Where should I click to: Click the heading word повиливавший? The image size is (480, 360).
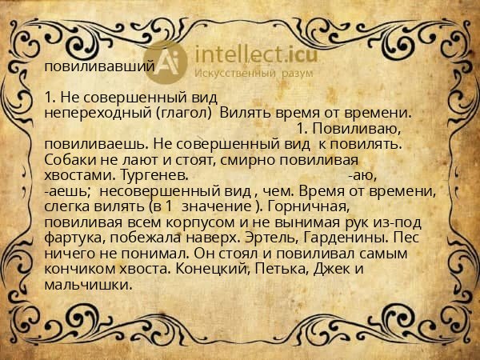pyautogui.click(x=100, y=67)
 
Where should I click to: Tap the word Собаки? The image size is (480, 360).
pyautogui.click(x=70, y=158)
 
